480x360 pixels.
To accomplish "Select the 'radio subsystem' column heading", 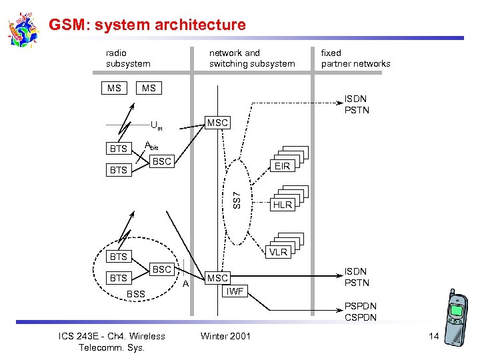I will (x=128, y=58).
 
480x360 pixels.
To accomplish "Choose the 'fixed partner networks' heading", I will (x=355, y=58).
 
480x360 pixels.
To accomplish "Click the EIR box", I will (x=283, y=166).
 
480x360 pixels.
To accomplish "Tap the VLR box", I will (x=278, y=252).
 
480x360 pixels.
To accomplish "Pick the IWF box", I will (x=235, y=291).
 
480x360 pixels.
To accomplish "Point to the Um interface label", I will (x=156, y=125).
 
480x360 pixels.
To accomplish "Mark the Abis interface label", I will (x=151, y=146).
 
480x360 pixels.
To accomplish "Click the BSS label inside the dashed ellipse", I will (x=136, y=294).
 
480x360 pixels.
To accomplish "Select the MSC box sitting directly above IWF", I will (x=218, y=278).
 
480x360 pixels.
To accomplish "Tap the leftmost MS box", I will (x=114, y=88).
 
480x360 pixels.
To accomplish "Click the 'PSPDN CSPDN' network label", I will (x=360, y=312).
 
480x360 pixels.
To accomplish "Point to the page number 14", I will (x=433, y=336).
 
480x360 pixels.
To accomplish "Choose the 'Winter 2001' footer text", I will (x=225, y=335).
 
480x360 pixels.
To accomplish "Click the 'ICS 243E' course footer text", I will (x=111, y=341).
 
